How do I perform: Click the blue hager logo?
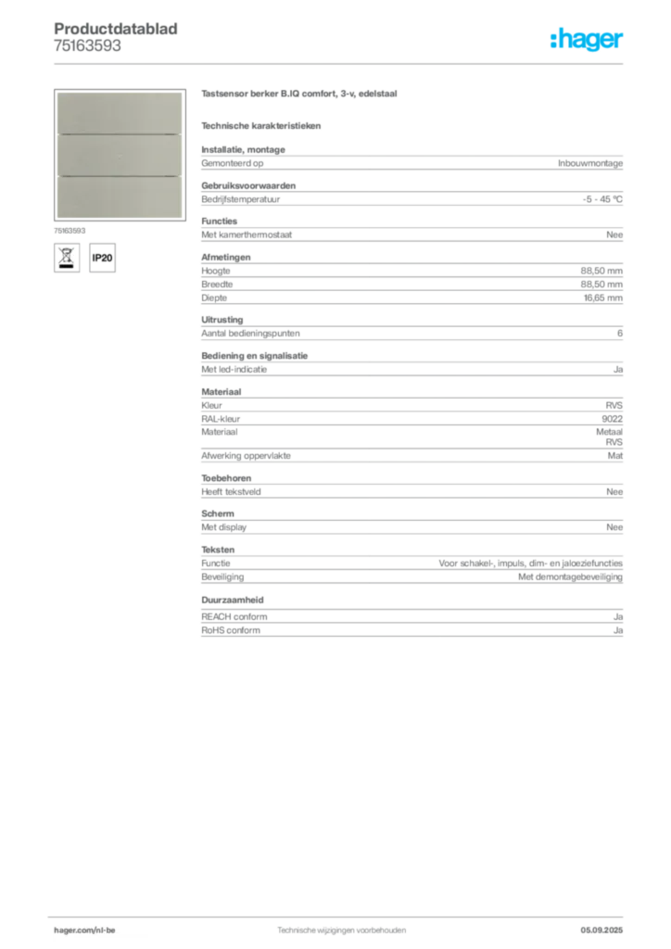point(588,41)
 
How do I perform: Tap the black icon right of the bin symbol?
point(105,257)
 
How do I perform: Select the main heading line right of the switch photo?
point(299,96)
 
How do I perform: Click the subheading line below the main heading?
point(262,125)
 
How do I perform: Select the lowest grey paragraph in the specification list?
point(411,618)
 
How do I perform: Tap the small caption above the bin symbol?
point(70,231)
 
